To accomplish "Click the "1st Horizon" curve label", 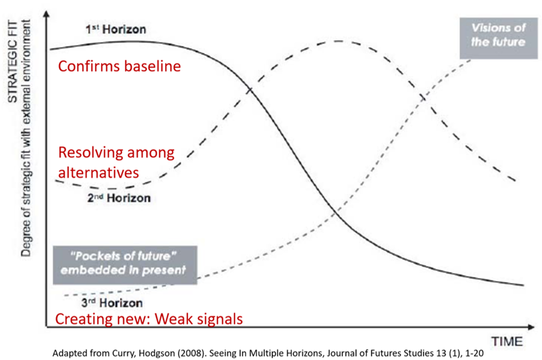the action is pyautogui.click(x=116, y=29).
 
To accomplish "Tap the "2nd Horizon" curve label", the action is pyautogui.click(x=119, y=198).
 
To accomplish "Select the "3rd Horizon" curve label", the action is pyautogui.click(x=112, y=303).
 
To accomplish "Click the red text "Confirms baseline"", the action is pyautogui.click(x=119, y=66).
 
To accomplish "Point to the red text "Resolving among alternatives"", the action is pyautogui.click(x=116, y=162).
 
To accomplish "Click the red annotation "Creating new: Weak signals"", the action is pyautogui.click(x=149, y=318).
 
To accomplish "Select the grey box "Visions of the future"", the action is pyautogui.click(x=498, y=38).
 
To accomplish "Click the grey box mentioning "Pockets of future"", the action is pyautogui.click(x=125, y=265).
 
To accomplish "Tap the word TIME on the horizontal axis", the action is pyautogui.click(x=507, y=341).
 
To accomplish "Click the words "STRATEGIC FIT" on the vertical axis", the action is pyautogui.click(x=13, y=61).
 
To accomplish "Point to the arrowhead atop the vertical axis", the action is pyautogui.click(x=47, y=13).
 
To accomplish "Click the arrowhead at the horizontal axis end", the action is pyautogui.click(x=531, y=326).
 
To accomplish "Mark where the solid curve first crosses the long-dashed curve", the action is pyautogui.click(x=250, y=90).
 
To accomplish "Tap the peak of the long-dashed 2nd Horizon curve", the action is pyautogui.click(x=338, y=41).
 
